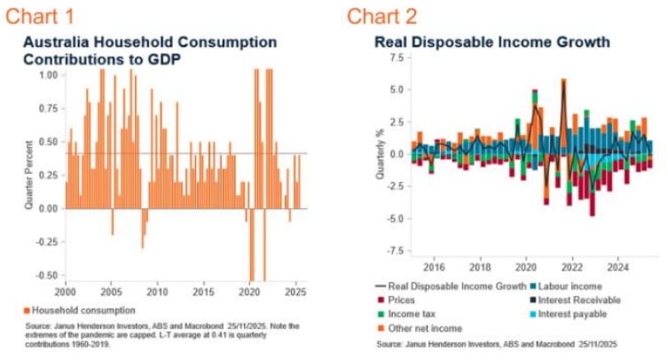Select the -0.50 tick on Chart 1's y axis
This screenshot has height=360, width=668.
[43, 275]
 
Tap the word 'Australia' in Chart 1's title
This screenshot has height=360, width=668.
[55, 43]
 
